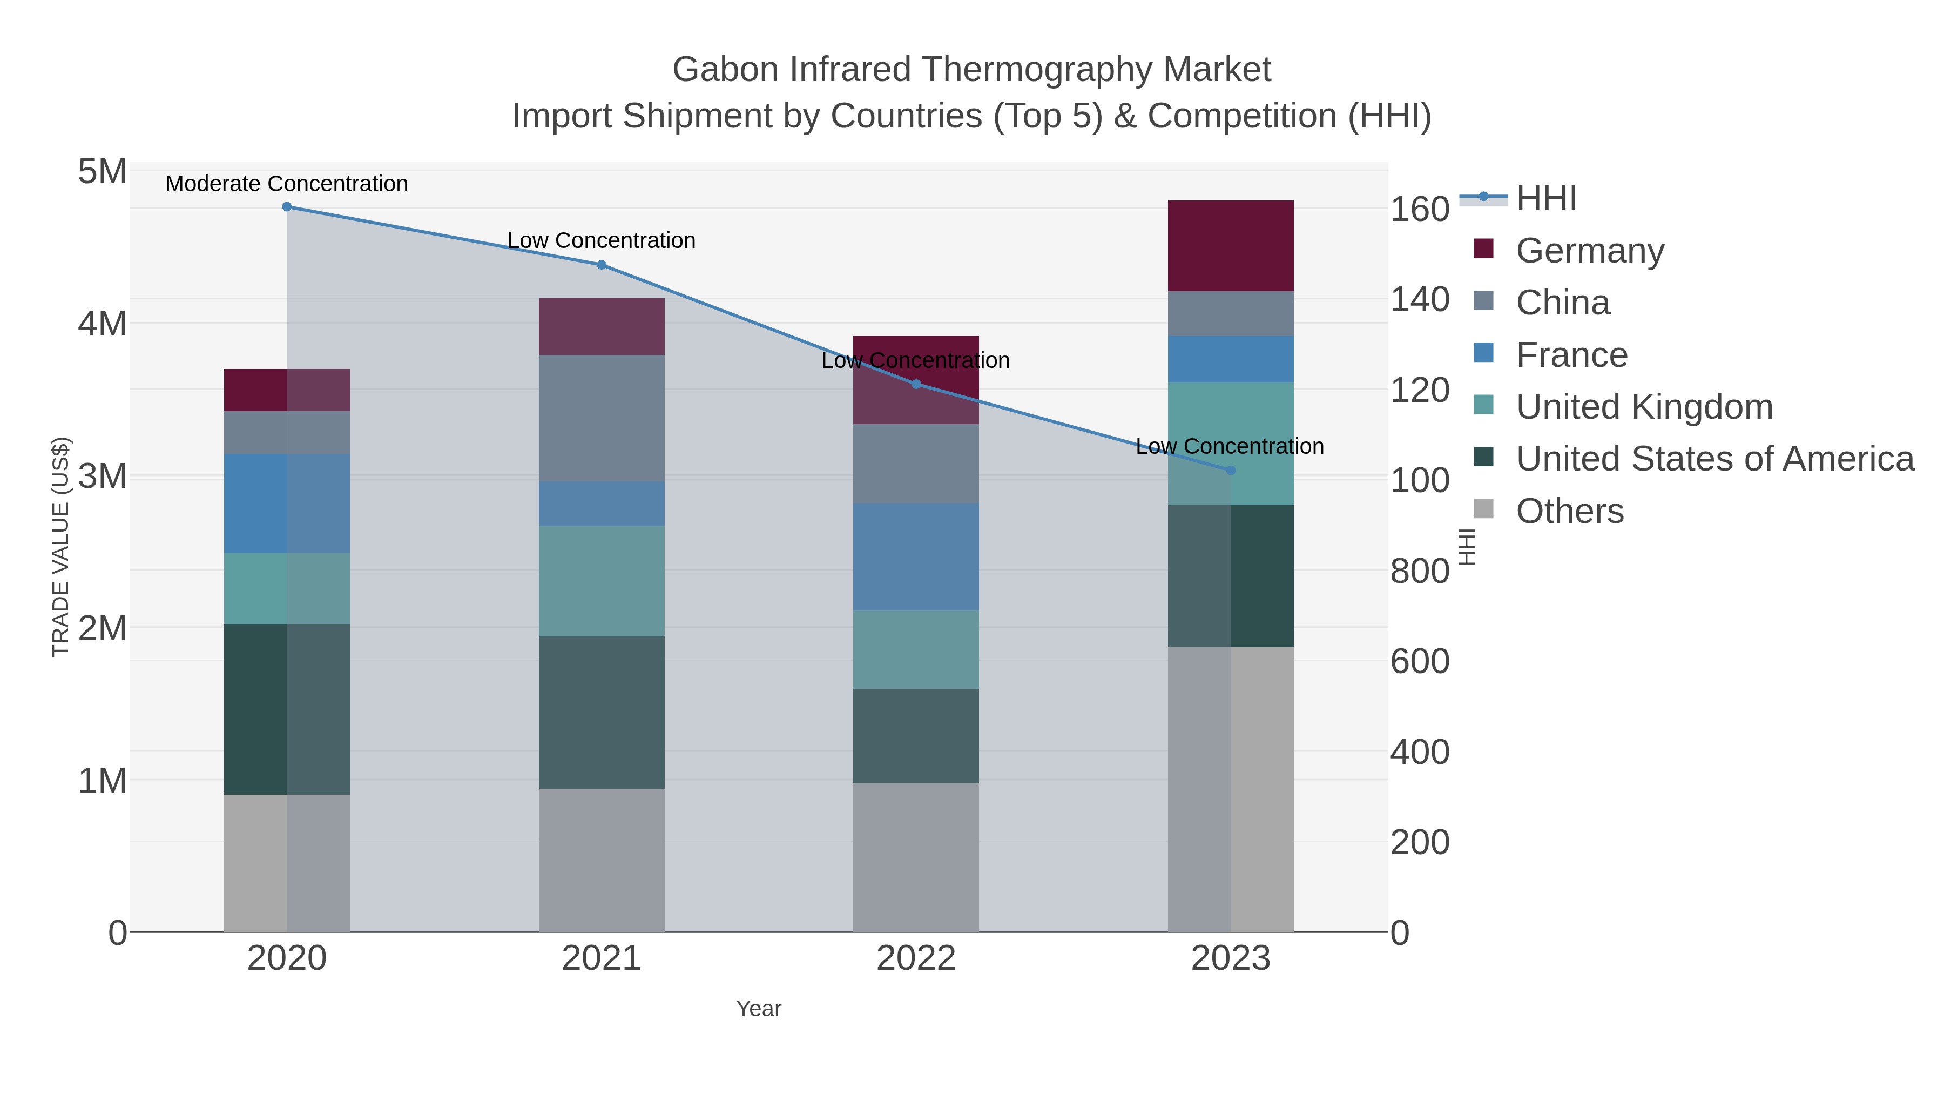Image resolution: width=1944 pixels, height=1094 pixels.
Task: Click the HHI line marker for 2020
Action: (x=287, y=207)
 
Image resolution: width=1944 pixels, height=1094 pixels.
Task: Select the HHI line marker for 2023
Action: (x=1231, y=471)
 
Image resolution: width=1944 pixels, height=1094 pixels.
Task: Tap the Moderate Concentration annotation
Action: (x=287, y=184)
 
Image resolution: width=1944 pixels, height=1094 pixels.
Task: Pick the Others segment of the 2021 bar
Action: (x=602, y=860)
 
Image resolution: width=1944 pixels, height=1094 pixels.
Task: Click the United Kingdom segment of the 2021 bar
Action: (x=602, y=581)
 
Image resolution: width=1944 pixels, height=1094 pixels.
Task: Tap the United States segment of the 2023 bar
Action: (x=1231, y=575)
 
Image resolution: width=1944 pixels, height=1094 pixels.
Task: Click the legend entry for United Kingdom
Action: (x=1644, y=407)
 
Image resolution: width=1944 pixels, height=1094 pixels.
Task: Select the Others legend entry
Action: (x=1570, y=511)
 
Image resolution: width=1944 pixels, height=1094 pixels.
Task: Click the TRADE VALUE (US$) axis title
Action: (x=60, y=547)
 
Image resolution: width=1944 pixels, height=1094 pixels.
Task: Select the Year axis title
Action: (x=759, y=1009)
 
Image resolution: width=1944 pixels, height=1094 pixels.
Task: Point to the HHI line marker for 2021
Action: (x=602, y=265)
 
